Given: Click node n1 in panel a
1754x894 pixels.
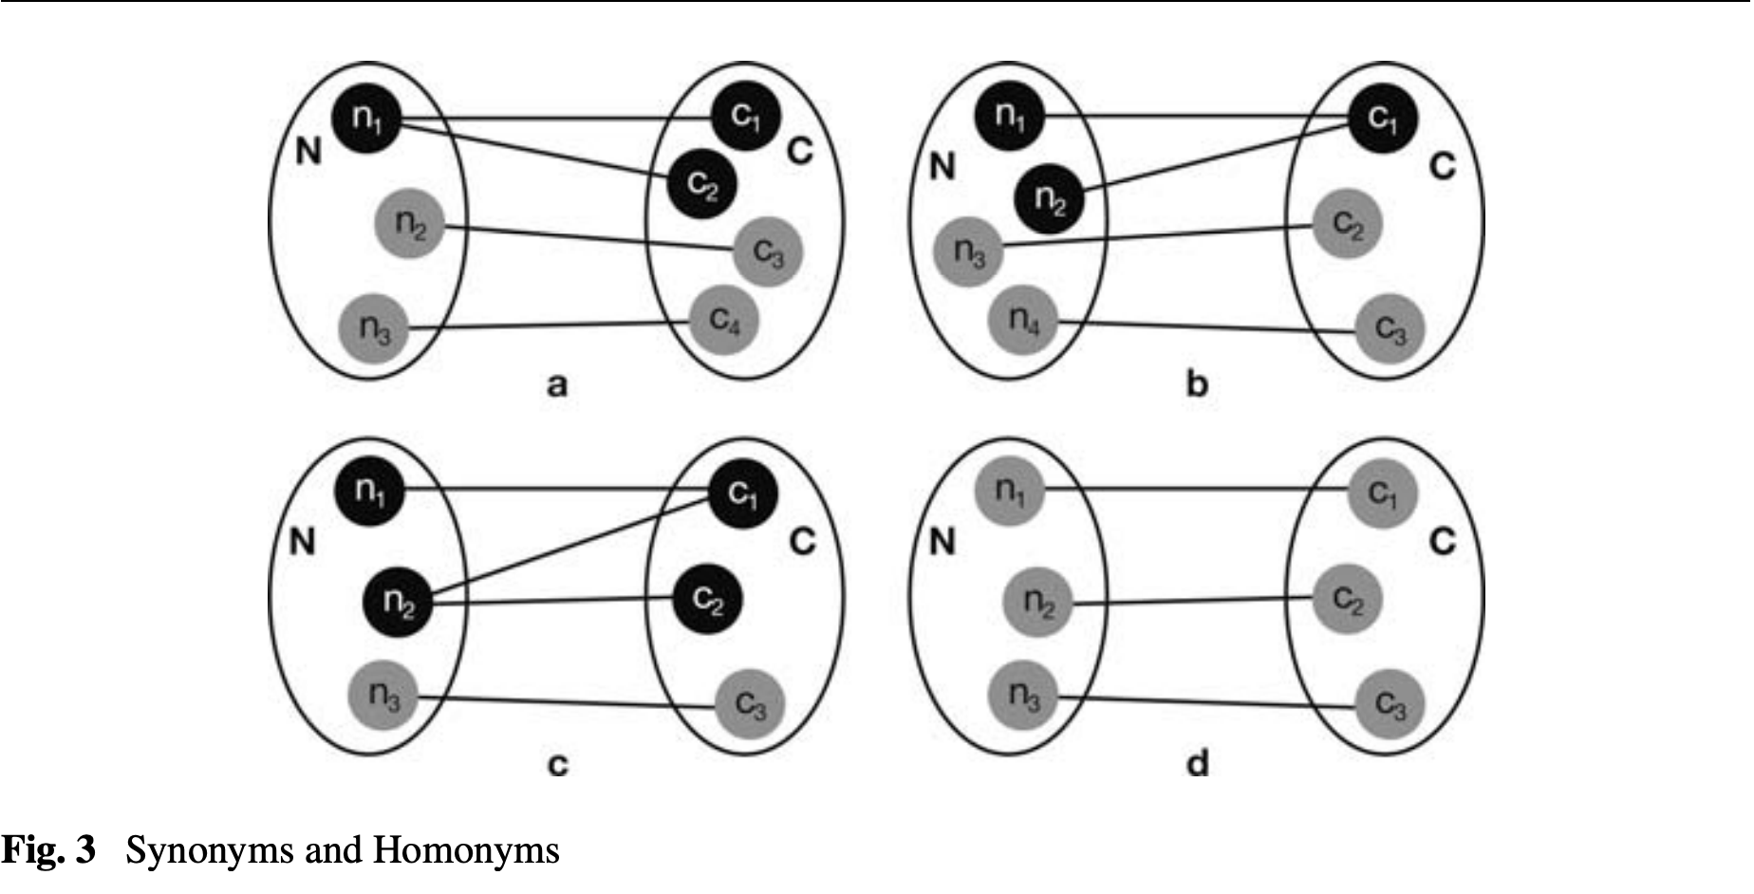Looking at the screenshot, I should click(366, 118).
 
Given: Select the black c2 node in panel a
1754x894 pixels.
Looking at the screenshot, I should click(701, 184).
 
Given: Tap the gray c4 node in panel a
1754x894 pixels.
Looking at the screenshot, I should click(724, 321).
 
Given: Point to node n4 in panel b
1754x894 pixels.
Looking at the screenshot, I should click(1023, 320).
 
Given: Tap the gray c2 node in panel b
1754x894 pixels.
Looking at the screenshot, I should click(1348, 224).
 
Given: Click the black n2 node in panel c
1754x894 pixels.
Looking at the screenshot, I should click(398, 602).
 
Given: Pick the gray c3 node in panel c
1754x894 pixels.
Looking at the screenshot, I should click(750, 704).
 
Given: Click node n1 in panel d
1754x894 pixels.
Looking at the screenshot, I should click(1010, 491).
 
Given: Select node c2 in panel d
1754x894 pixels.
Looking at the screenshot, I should click(1348, 599).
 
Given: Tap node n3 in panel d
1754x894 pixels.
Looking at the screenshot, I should click(1023, 698).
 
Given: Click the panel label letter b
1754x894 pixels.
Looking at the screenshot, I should click(1198, 384).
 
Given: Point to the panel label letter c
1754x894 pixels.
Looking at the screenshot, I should click(558, 764).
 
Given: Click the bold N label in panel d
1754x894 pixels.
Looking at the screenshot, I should click(942, 542).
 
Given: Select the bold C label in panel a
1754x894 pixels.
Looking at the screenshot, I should click(800, 151).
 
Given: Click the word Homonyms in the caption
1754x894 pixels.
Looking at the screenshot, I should click(466, 850).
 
